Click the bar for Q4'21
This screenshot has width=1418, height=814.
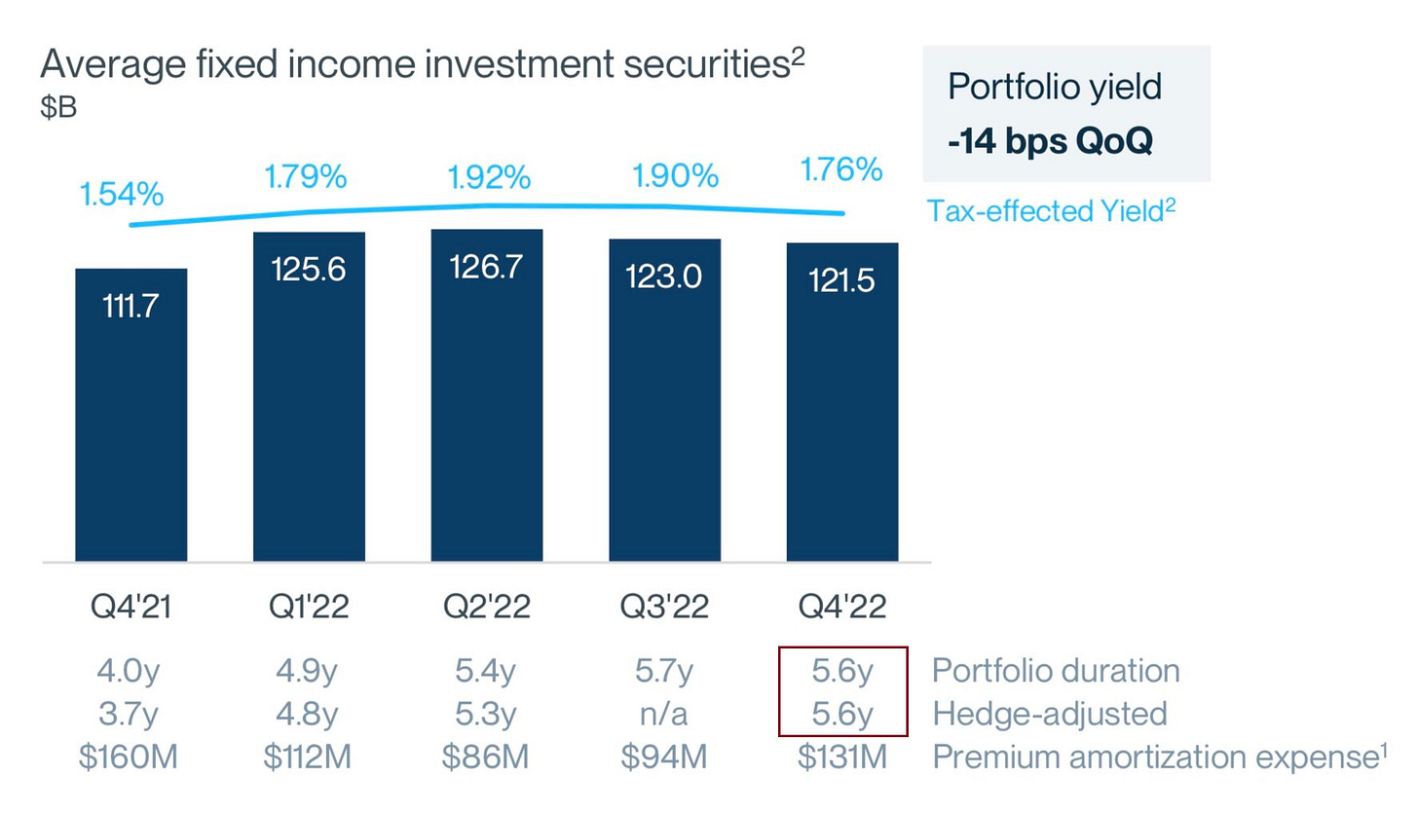point(131,419)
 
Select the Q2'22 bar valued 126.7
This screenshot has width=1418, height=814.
point(487,399)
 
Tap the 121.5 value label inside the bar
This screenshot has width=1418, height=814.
point(842,281)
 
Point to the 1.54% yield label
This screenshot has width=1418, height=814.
point(122,194)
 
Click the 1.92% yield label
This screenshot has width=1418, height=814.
point(489,178)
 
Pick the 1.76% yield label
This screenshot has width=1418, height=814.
point(841,170)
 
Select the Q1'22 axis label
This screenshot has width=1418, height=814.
point(309,607)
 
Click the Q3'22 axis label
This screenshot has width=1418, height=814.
point(664,607)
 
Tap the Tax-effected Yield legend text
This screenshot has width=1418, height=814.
point(1051,210)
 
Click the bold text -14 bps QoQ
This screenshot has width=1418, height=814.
point(1050,141)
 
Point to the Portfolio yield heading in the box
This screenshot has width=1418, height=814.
point(1055,87)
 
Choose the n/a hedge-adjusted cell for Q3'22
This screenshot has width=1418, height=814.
point(664,714)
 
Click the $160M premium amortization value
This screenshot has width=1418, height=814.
point(129,758)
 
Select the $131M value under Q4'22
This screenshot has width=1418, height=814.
point(842,758)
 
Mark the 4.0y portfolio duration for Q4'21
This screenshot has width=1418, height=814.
point(129,671)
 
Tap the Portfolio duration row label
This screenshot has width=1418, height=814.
point(1056,671)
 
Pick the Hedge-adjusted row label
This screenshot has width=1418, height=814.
point(1050,714)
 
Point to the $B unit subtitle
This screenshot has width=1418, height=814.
point(57,107)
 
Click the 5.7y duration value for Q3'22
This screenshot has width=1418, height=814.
point(664,671)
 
